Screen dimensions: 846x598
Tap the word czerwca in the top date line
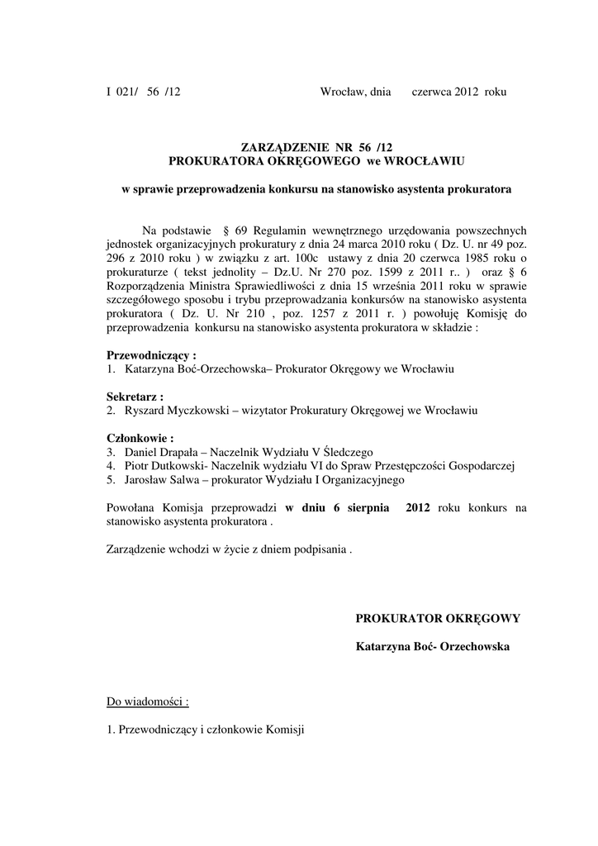point(431,92)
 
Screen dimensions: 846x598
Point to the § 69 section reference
point(230,229)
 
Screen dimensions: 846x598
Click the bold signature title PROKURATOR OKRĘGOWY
point(438,618)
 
